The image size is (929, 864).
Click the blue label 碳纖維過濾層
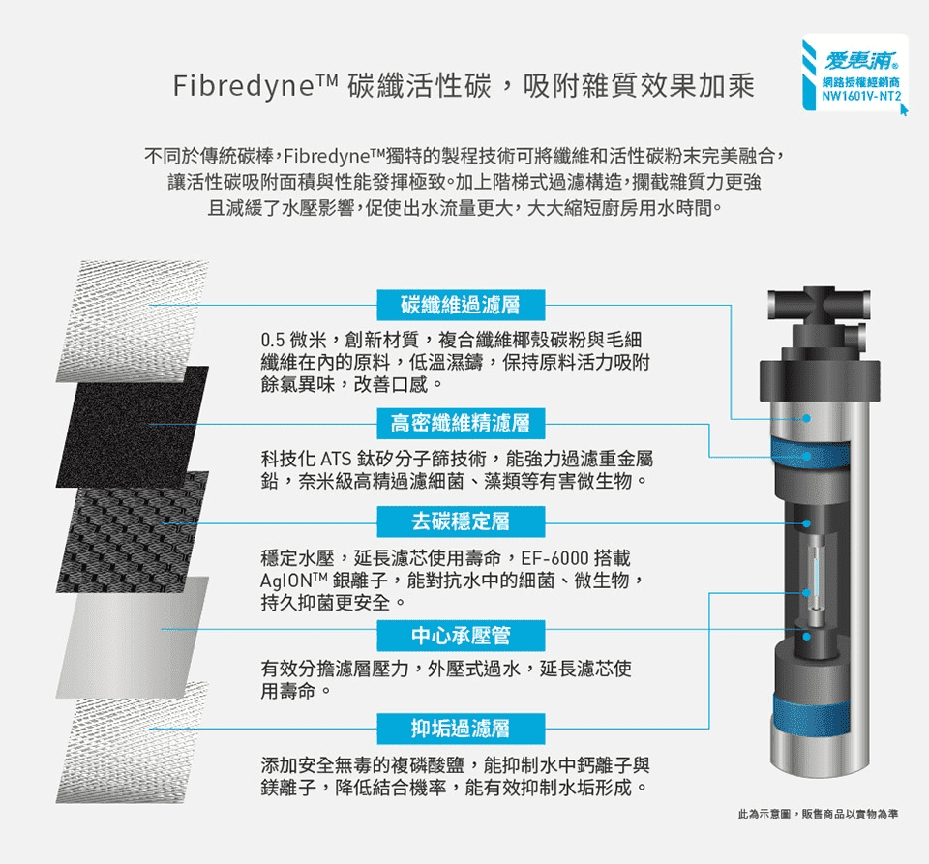coord(461,305)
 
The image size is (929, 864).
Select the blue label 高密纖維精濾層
coord(461,424)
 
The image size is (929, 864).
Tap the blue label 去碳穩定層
coord(461,521)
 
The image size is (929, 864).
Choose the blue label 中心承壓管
coord(461,636)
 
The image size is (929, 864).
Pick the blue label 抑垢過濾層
coord(461,729)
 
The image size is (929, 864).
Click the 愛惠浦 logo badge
coord(854,73)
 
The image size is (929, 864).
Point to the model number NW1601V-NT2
coord(861,96)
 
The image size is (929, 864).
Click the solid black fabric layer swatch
coord(133,427)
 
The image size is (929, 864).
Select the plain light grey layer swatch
coord(133,638)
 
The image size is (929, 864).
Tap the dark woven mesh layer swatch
coord(133,532)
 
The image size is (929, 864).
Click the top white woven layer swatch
coord(133,321)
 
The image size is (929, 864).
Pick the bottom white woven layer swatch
coord(133,743)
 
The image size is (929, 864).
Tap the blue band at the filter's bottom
coord(812,715)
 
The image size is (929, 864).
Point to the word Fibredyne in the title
coord(244,86)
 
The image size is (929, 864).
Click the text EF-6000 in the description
coord(555,558)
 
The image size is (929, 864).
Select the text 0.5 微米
coord(293,340)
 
